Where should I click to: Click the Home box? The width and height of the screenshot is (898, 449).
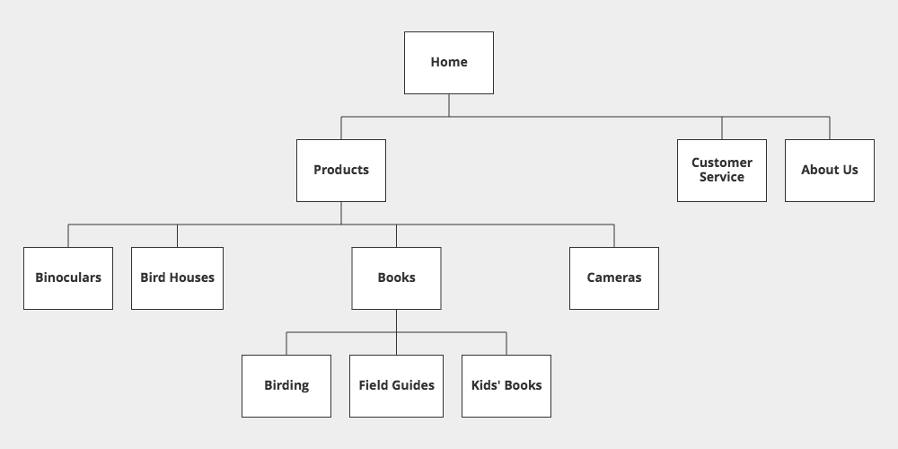click(x=449, y=63)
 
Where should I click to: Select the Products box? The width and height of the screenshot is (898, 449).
click(x=341, y=171)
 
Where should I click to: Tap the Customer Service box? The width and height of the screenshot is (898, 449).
click(x=722, y=171)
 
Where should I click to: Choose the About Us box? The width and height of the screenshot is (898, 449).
click(x=830, y=171)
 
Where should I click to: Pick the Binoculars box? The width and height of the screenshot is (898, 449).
click(x=68, y=278)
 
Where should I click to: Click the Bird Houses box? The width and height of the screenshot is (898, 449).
click(x=177, y=278)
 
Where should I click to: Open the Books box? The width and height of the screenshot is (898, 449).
click(x=396, y=278)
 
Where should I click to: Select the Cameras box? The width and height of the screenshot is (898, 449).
click(x=614, y=278)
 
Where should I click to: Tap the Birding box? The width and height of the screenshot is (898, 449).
click(x=286, y=386)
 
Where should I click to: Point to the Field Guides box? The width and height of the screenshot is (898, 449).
click(x=396, y=386)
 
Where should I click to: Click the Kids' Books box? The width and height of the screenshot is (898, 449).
click(x=506, y=386)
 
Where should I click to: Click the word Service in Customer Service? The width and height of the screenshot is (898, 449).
click(x=722, y=178)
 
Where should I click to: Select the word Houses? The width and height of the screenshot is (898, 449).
click(x=193, y=277)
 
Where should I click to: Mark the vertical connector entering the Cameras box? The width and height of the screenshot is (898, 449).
click(x=614, y=236)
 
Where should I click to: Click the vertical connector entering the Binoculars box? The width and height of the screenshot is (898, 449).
click(x=68, y=236)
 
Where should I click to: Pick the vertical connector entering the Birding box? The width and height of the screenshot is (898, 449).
click(x=286, y=344)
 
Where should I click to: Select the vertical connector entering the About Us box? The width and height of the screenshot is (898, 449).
click(x=830, y=128)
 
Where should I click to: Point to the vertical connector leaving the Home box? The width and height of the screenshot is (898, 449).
click(x=449, y=105)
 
